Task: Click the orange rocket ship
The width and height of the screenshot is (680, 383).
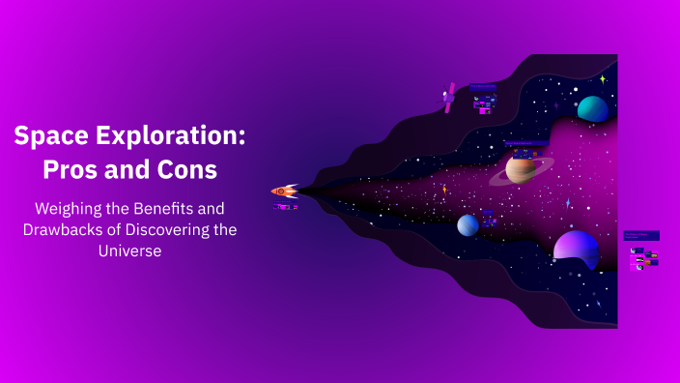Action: [x=284, y=191]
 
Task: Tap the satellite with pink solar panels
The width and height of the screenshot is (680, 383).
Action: [x=449, y=97]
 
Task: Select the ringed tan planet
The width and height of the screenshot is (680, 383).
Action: [x=521, y=169]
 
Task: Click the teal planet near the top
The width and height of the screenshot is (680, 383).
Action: [x=592, y=108]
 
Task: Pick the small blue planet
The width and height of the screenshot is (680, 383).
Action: [x=467, y=224]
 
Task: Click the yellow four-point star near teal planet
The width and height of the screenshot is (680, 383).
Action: [x=602, y=79]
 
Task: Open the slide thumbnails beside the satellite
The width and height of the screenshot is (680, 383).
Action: [x=483, y=100]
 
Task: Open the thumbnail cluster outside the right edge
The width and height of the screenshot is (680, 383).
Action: [x=643, y=252]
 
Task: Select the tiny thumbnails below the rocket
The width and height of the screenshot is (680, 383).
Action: [x=286, y=206]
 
